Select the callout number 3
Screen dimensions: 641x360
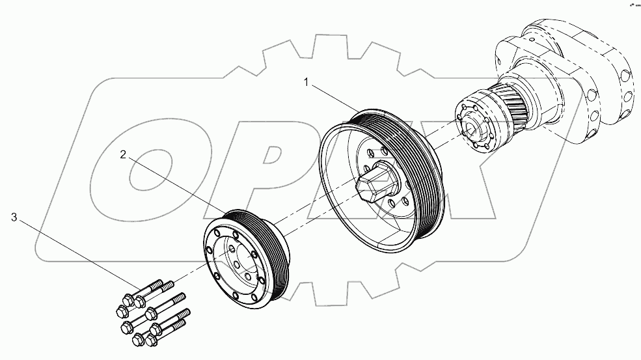pyautogui.click(x=14, y=217)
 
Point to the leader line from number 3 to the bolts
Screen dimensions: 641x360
pyautogui.click(x=78, y=255)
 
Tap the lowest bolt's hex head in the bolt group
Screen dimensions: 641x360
pyautogui.click(x=139, y=340)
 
